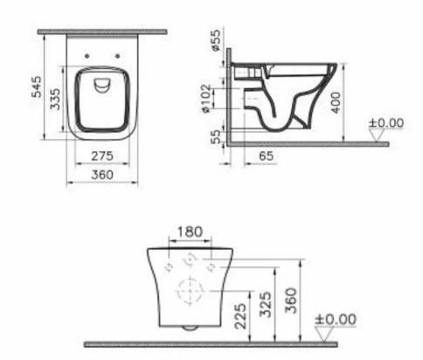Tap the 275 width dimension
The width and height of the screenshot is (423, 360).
[x=102, y=157]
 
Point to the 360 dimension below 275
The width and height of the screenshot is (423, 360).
[x=102, y=175]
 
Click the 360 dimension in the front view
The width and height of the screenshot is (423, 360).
[x=295, y=300]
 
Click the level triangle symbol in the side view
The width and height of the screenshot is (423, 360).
[x=377, y=135]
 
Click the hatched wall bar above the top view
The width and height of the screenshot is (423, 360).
[x=102, y=31]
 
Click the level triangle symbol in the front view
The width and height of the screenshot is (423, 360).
[x=325, y=332]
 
